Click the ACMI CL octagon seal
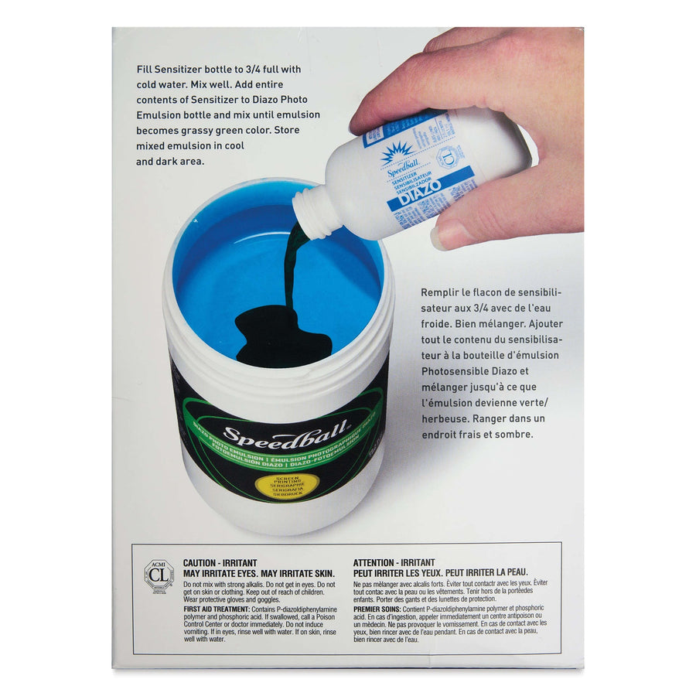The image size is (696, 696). point(159,575)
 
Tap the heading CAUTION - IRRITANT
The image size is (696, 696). point(220,563)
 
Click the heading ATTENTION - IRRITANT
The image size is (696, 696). point(394,563)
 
